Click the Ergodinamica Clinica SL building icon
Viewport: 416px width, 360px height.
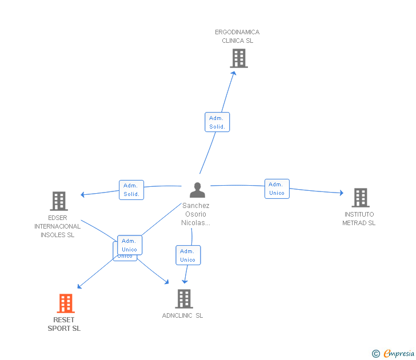click(239, 58)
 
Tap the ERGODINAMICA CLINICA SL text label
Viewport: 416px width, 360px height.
click(237, 37)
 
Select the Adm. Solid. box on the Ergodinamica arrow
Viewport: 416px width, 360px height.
click(217, 122)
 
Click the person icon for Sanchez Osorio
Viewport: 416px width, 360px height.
click(197, 190)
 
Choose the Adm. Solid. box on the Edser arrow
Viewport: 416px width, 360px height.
click(131, 190)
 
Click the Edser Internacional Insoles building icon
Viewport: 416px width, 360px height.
click(59, 201)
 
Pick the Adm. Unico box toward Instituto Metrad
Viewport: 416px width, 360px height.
click(277, 189)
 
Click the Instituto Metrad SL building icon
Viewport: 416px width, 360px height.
click(361, 198)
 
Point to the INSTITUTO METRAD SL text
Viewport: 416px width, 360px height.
click(359, 219)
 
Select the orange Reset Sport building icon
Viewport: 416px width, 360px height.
click(66, 303)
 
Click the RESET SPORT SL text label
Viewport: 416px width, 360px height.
click(64, 324)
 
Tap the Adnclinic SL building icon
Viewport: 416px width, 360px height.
click(183, 299)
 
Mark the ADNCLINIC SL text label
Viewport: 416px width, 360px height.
click(182, 315)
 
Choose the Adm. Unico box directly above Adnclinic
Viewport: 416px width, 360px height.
click(187, 255)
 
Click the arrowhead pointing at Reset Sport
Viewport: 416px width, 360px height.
click(79, 287)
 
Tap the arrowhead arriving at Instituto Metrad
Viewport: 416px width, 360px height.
click(341, 193)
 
